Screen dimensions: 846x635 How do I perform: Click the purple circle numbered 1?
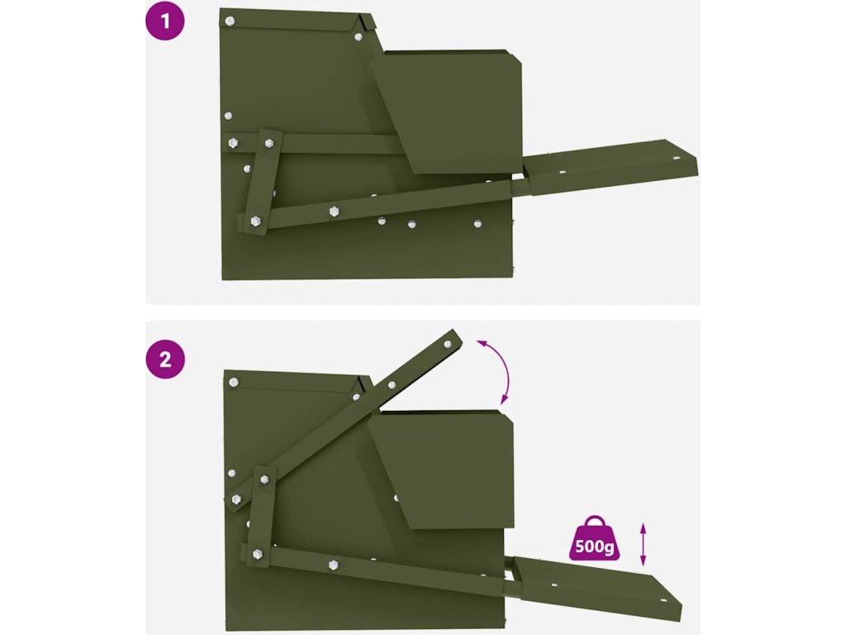165,21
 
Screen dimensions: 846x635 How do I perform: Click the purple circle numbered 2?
165,359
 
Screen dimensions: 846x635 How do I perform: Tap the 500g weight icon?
594,537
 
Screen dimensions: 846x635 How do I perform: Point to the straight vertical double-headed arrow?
642,544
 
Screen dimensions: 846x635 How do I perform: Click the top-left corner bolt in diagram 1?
230,21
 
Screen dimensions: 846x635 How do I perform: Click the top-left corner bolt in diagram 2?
234,382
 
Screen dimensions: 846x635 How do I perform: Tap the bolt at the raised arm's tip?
447,344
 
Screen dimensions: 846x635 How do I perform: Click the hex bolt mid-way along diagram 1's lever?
334,211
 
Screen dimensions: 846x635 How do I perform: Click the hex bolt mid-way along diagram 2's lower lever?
334,566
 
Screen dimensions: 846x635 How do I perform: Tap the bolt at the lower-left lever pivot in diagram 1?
255,221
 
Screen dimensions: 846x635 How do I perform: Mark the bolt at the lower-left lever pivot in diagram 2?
258,554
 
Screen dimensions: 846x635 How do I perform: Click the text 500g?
594,547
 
